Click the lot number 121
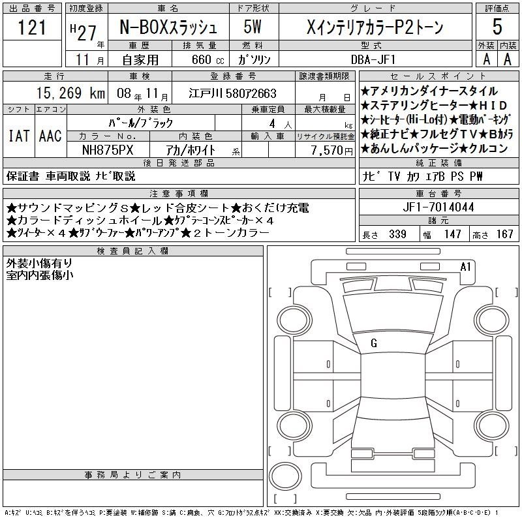coord(32,27)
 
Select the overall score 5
coord(497,27)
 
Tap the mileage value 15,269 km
coord(70,93)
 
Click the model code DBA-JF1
coord(373,59)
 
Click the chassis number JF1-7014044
coord(438,207)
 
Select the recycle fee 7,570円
coord(332,151)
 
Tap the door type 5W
coord(253,27)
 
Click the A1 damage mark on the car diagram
coord(465,267)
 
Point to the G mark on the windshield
coord(374,343)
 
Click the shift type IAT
coord(19,136)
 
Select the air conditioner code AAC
coord(50,136)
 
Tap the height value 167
coord(504,234)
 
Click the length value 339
coord(397,234)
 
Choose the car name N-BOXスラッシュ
coord(168,27)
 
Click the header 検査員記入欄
coord(132,251)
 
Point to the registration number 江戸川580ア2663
coord(232,93)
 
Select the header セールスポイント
coord(438,76)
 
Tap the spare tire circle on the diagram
coord(285,476)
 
